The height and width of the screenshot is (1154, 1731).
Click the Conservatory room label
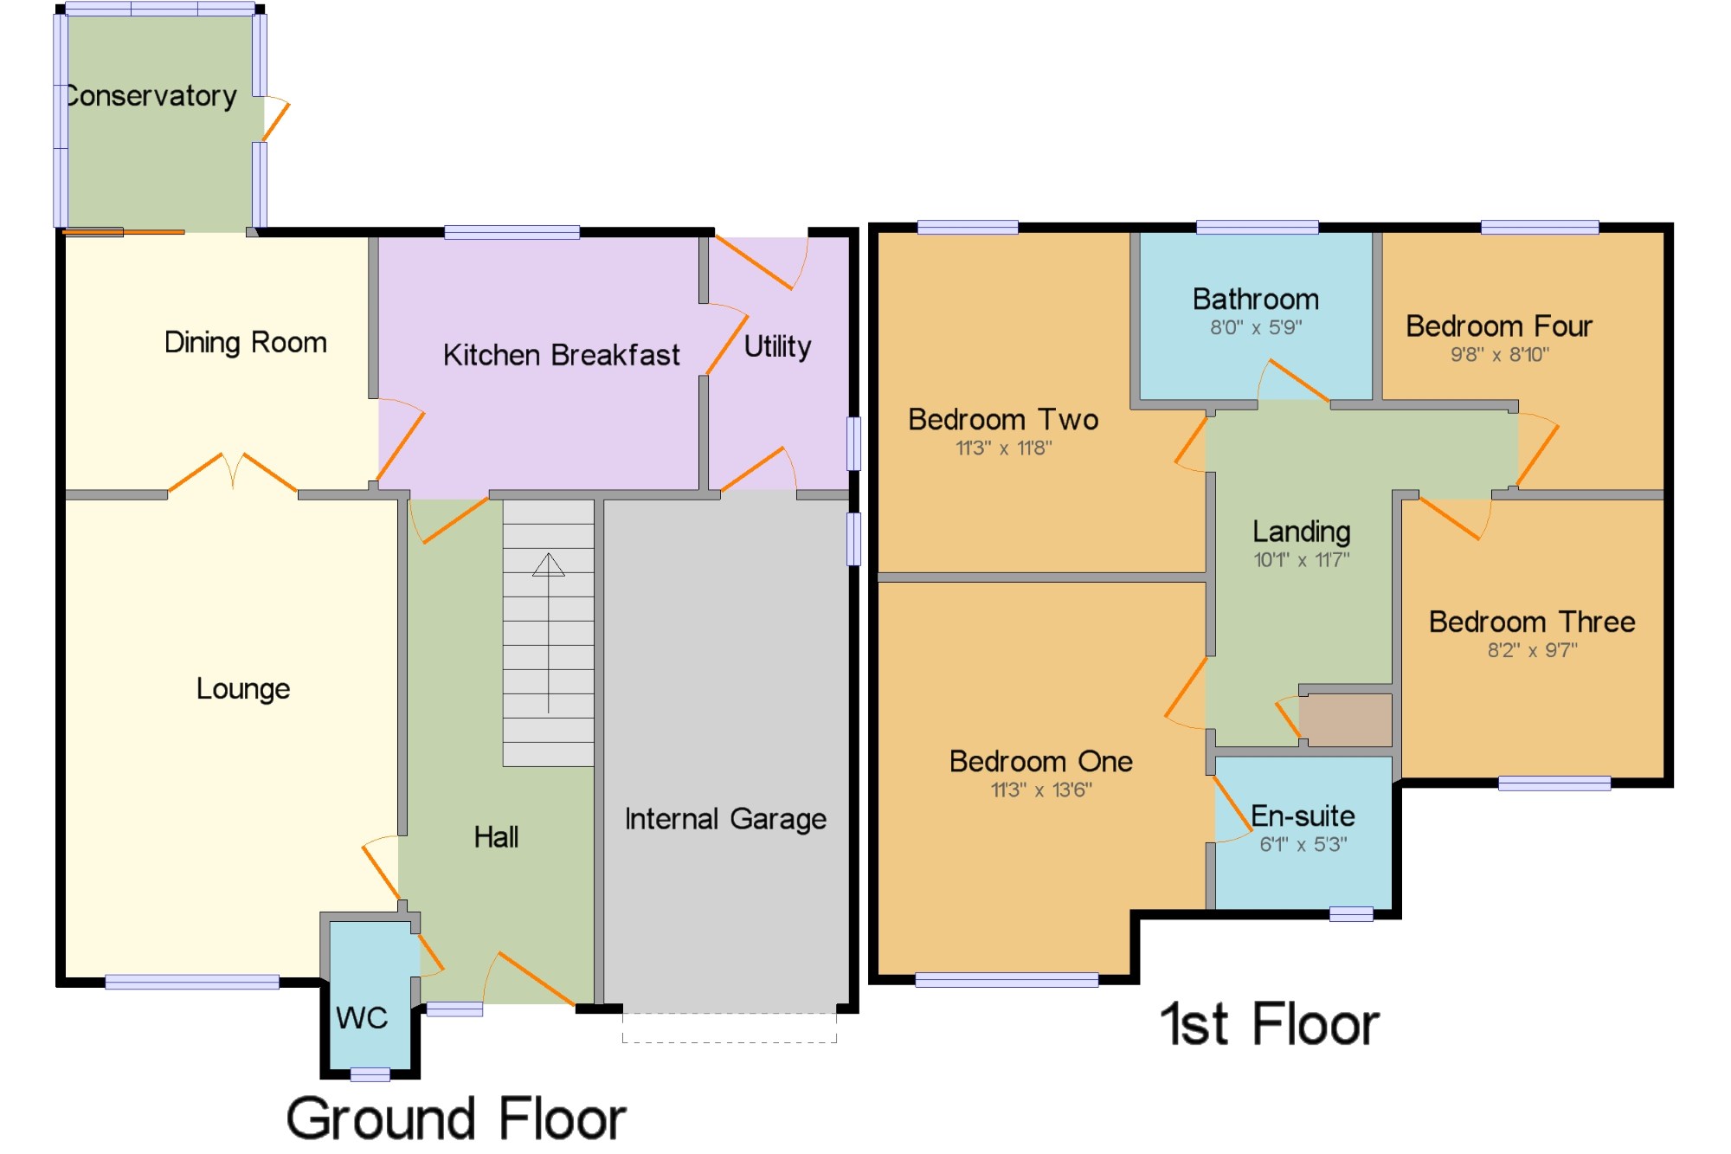point(151,95)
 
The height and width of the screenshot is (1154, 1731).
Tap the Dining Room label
point(246,343)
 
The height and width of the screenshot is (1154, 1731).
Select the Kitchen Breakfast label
point(562,355)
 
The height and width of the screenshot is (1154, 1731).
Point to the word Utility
point(778,347)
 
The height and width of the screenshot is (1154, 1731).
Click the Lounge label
point(243,689)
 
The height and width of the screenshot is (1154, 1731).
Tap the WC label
point(362,1017)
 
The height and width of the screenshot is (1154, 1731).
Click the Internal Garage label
point(725,819)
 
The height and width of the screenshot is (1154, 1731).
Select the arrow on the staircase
point(548,633)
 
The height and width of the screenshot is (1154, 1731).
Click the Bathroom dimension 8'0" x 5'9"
point(1256,327)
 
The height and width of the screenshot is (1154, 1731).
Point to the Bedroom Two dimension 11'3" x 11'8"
point(1004,448)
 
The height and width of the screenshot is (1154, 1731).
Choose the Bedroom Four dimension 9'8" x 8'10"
point(1500,354)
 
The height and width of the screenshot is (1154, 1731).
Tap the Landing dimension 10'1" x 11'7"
point(1302,559)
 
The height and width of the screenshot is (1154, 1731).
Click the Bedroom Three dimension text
point(1533,650)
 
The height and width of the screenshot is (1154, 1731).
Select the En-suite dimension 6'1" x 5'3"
point(1303,844)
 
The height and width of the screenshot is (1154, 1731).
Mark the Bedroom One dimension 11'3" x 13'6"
point(1041,790)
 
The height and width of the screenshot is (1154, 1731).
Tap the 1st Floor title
point(1270,1024)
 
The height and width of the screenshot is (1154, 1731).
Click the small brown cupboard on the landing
point(1346,719)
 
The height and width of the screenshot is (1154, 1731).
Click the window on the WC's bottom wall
point(370,1074)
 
